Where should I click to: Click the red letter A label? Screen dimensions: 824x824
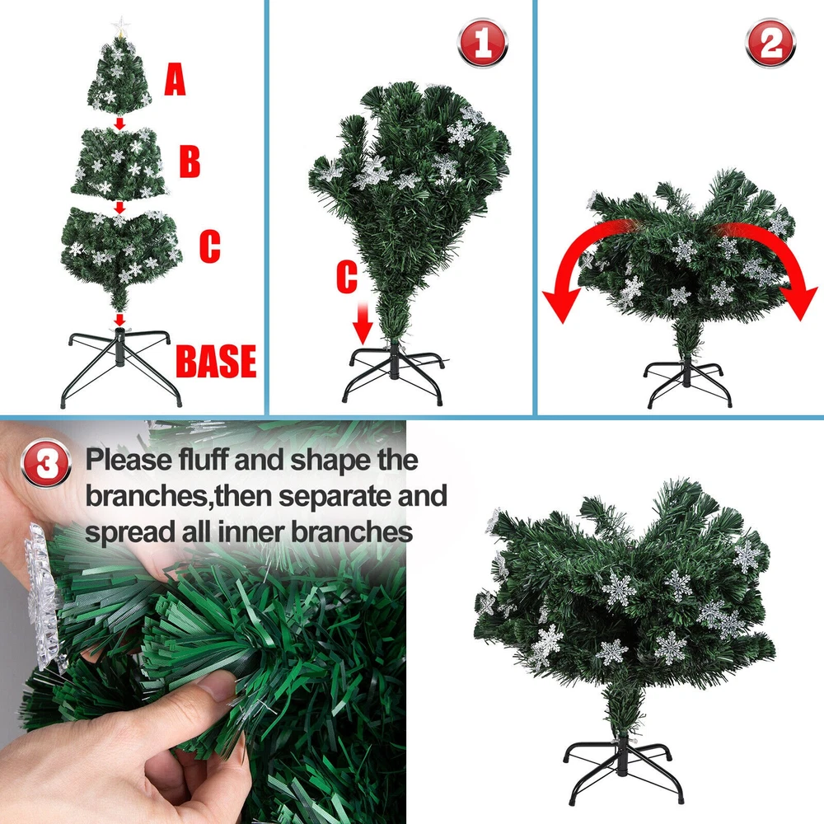[175, 79]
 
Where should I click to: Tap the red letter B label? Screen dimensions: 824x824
[190, 162]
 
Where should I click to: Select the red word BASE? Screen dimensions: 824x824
[216, 361]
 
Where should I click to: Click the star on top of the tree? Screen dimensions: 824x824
[120, 26]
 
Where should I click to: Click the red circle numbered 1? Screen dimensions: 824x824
[482, 43]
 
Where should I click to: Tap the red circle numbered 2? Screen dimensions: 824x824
[770, 43]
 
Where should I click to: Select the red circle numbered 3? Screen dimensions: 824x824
[46, 463]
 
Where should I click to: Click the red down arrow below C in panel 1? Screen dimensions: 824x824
[363, 323]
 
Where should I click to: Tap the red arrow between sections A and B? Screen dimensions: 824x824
[120, 124]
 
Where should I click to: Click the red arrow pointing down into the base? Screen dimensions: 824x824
[120, 320]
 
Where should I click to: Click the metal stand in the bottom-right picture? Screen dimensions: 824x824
[623, 770]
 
